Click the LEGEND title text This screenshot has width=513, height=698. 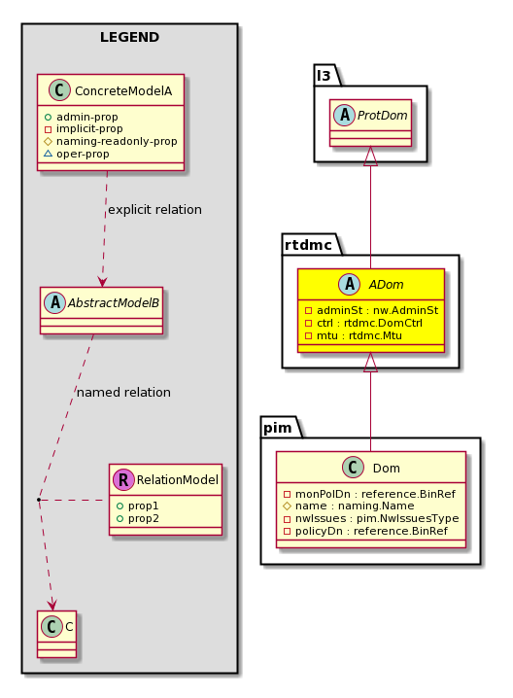pyautogui.click(x=129, y=37)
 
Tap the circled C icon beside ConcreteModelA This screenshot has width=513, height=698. pyautogui.click(x=59, y=89)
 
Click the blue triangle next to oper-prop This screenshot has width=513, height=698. pyautogui.click(x=48, y=154)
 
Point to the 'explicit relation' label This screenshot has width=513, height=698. pyautogui.click(x=154, y=210)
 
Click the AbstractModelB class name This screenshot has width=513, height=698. pyautogui.click(x=113, y=303)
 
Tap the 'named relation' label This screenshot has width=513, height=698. pyautogui.click(x=123, y=392)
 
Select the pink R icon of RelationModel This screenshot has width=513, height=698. pyautogui.click(x=123, y=479)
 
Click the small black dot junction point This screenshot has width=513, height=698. pyautogui.click(x=39, y=500)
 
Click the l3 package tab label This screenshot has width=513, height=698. pyautogui.click(x=324, y=76)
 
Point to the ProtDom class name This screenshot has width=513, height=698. pyautogui.click(x=382, y=116)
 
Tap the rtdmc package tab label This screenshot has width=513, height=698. pyautogui.click(x=308, y=245)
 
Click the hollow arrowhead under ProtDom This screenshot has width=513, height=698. pyautogui.click(x=370, y=157)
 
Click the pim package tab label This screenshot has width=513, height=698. pyautogui.click(x=278, y=428)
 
